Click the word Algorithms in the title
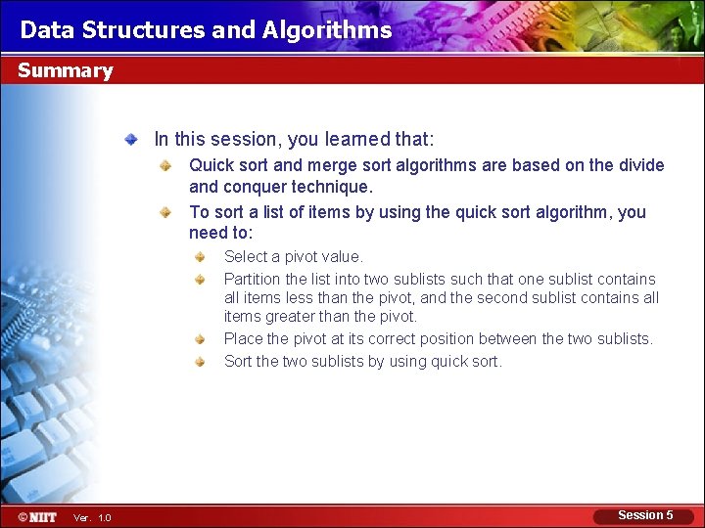327,30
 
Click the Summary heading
65,70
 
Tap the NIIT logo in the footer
37,516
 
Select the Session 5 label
645,515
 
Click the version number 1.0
105,517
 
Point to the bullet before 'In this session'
131,140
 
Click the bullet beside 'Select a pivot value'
199,257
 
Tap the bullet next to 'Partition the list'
199,280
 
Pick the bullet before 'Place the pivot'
199,339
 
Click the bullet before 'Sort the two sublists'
199,362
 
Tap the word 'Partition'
253,279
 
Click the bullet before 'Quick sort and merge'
166,165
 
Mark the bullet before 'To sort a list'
166,212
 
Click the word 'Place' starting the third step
243,338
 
